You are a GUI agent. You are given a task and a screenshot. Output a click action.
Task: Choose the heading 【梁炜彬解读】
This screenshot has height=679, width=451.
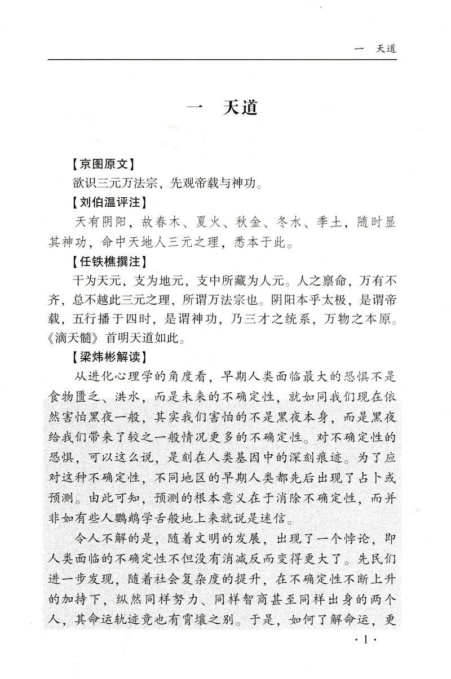point(107,357)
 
